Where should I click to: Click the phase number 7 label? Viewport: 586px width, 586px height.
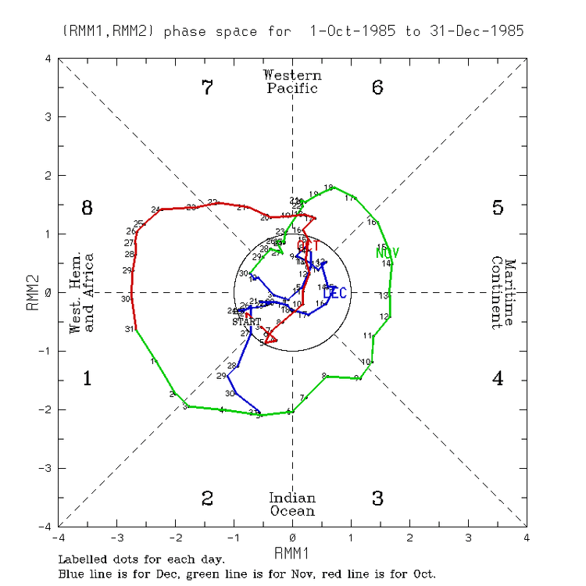point(207,88)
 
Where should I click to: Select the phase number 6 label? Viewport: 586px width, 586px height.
point(377,88)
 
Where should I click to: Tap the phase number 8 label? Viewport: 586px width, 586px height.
point(88,208)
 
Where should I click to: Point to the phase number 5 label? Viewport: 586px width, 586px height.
point(498,208)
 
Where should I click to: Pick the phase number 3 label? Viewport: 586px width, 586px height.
point(377,498)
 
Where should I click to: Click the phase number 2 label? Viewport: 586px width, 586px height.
point(207,498)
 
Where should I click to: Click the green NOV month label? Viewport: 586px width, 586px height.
point(388,252)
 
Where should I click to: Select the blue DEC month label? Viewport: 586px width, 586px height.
point(334,294)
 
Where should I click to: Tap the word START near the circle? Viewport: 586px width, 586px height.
point(246,321)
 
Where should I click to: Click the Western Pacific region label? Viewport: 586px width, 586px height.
point(292,81)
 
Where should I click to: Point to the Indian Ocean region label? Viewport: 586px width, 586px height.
point(292,505)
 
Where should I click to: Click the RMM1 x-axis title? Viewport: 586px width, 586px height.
point(292,553)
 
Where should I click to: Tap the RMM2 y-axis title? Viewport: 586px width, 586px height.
point(32,292)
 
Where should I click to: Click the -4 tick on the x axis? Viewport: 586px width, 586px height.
point(58,538)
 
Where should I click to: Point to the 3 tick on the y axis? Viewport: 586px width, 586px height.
point(48,117)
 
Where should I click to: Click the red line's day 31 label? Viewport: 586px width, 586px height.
point(128,329)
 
